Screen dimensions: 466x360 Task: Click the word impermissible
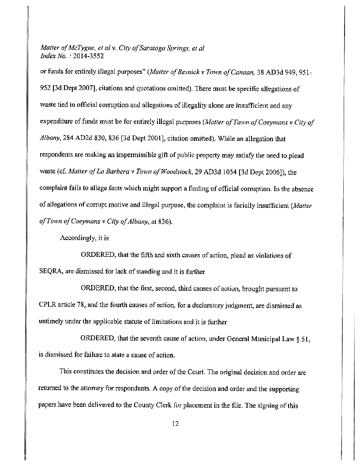[x=131, y=155]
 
